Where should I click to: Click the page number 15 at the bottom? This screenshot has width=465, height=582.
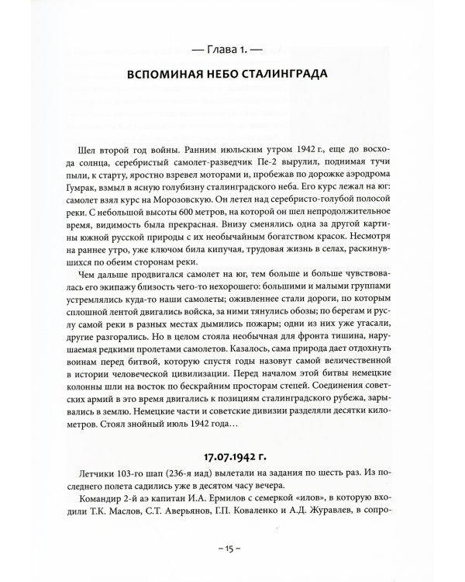click(x=232, y=568)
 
